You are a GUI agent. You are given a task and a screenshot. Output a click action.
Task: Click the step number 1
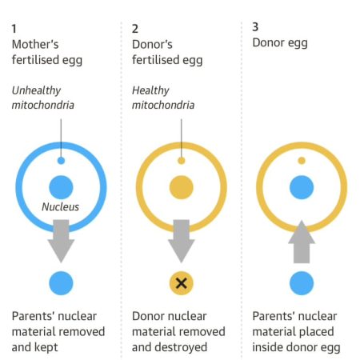point(14,29)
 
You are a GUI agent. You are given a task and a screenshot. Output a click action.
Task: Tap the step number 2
point(135,29)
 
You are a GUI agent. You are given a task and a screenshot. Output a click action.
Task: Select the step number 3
point(255,27)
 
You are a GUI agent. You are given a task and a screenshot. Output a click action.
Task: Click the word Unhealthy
point(37,90)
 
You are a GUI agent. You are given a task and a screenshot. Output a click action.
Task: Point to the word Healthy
point(150,90)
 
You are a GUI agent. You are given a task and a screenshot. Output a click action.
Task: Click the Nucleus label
point(61,207)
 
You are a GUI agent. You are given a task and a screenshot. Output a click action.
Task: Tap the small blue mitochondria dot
point(61,161)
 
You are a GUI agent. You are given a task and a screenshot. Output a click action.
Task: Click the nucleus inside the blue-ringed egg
point(61,187)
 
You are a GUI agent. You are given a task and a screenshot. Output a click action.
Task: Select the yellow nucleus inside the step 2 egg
point(182,187)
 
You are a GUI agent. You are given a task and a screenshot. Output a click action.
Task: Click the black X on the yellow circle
point(182,283)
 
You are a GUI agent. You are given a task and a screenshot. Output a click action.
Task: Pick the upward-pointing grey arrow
point(302,242)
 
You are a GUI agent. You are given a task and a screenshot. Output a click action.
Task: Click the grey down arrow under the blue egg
point(61,241)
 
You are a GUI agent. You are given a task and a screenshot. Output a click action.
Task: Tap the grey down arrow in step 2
point(182,241)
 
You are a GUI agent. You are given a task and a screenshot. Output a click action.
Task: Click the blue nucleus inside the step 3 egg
point(302,187)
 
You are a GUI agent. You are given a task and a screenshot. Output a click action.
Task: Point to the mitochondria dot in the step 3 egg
point(302,161)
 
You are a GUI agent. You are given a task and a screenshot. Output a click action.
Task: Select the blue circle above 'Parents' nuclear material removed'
point(61,283)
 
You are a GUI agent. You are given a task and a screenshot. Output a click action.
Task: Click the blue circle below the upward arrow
point(302,283)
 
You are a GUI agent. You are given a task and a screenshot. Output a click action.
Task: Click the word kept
point(46,348)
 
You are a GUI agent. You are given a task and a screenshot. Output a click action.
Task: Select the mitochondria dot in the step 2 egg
point(182,161)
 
